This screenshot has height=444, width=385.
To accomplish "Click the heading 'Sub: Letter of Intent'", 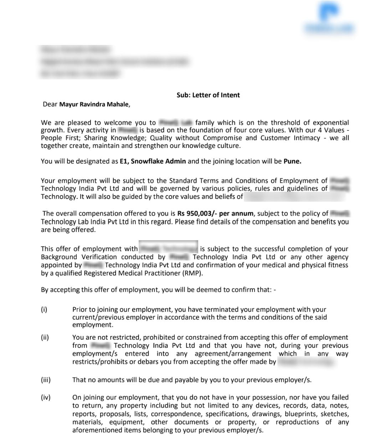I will coord(208,95).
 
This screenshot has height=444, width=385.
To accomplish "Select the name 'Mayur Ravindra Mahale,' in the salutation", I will coord(94,104).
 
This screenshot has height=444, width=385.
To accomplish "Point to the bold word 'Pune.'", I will coord(292,161).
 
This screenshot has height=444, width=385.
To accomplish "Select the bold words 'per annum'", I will coord(236,213).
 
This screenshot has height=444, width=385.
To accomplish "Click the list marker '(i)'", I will coord(44,309).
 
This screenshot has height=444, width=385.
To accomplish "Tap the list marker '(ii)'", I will coord(45,337).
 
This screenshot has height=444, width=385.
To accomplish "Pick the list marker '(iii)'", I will coord(46,380).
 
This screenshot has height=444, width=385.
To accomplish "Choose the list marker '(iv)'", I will coord(46,397).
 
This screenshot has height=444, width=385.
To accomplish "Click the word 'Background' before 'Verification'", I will coord(59,257).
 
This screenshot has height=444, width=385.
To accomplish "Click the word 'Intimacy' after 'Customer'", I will coord(307,138).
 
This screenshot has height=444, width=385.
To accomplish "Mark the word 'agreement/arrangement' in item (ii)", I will coord(233,353).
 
